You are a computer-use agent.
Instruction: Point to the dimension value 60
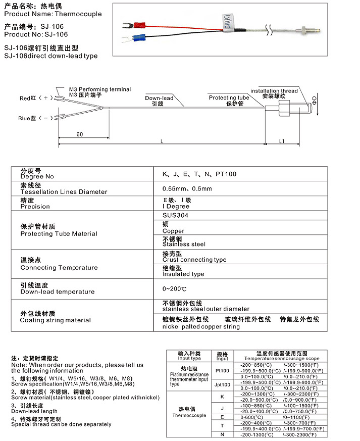coord(80,134)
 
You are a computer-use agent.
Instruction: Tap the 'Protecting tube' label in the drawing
coord(229,97)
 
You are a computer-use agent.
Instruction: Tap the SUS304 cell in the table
coord(175,214)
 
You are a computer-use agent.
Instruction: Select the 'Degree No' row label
coord(37,177)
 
